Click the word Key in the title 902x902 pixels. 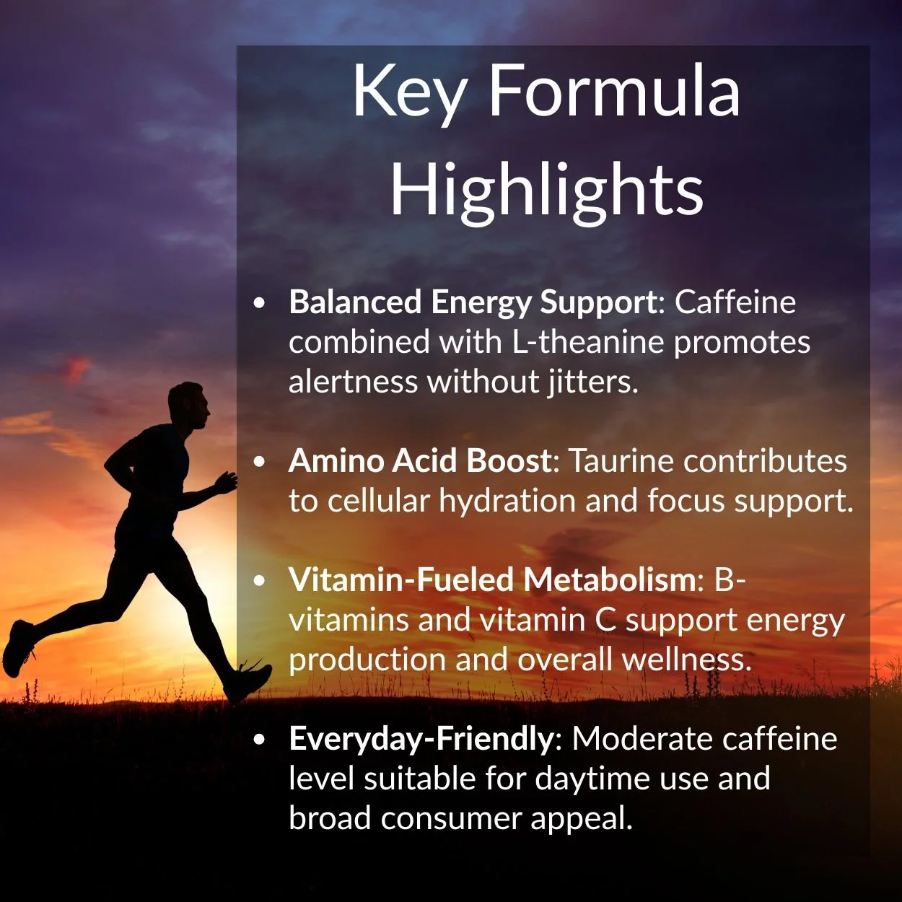(x=410, y=92)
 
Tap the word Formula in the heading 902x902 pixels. (x=614, y=91)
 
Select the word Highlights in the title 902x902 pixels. (x=546, y=190)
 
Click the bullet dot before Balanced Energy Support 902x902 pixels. (x=260, y=302)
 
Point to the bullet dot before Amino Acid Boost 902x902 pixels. (x=260, y=461)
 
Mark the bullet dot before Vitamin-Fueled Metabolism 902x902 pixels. (x=260, y=580)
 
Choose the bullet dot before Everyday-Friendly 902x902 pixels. (x=260, y=739)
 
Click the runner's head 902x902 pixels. (x=190, y=406)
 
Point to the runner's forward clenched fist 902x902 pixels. (x=228, y=482)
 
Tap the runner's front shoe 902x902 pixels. (x=249, y=683)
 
